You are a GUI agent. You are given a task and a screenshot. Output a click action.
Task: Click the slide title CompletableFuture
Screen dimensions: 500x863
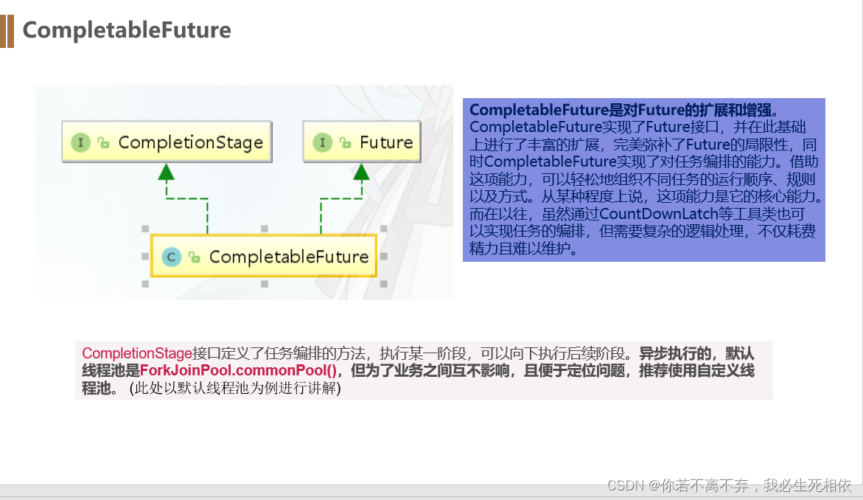tap(127, 30)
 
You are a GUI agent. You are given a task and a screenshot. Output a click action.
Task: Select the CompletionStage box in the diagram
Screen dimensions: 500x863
tap(167, 142)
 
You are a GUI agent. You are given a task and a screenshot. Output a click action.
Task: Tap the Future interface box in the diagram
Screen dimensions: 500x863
tap(362, 142)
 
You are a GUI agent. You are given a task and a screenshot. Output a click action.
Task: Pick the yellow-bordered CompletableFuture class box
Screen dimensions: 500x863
tap(264, 256)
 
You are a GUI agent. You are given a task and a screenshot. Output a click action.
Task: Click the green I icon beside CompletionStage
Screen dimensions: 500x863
tap(80, 142)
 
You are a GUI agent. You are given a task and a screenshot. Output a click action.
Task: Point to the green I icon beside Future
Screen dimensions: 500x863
tap(321, 142)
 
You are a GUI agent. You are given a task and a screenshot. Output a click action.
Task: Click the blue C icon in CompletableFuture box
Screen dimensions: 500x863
tap(171, 257)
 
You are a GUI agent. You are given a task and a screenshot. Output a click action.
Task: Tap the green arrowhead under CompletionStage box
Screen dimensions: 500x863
tap(167, 173)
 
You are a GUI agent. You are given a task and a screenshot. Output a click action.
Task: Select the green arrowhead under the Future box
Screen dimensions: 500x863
tap(361, 173)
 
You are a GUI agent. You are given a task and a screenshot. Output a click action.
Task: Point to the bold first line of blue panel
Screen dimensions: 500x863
tap(623, 110)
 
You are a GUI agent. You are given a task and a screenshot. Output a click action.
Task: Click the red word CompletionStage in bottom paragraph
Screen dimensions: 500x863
tap(136, 353)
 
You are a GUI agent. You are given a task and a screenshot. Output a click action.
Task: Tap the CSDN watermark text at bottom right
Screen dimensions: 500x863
tap(729, 485)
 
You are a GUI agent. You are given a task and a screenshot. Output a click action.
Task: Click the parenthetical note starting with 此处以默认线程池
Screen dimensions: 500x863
tap(235, 389)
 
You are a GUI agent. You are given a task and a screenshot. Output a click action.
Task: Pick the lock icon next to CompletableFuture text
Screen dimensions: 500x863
tap(194, 257)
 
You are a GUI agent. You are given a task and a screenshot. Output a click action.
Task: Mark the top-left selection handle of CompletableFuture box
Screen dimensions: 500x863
tap(145, 229)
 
